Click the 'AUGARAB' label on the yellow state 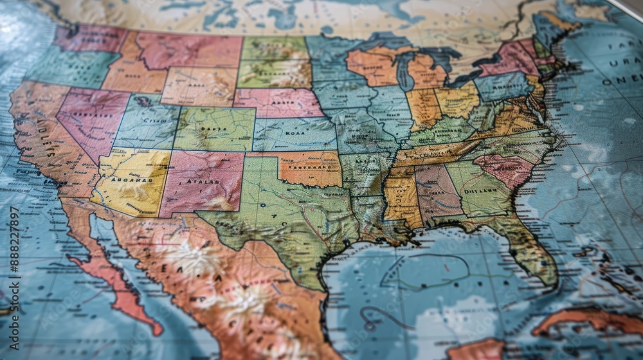coord(132,180)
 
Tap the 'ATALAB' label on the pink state coord(199,182)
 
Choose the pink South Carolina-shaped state coord(505,168)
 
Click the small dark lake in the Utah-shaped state coord(142,101)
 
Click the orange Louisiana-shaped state coord(401,199)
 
